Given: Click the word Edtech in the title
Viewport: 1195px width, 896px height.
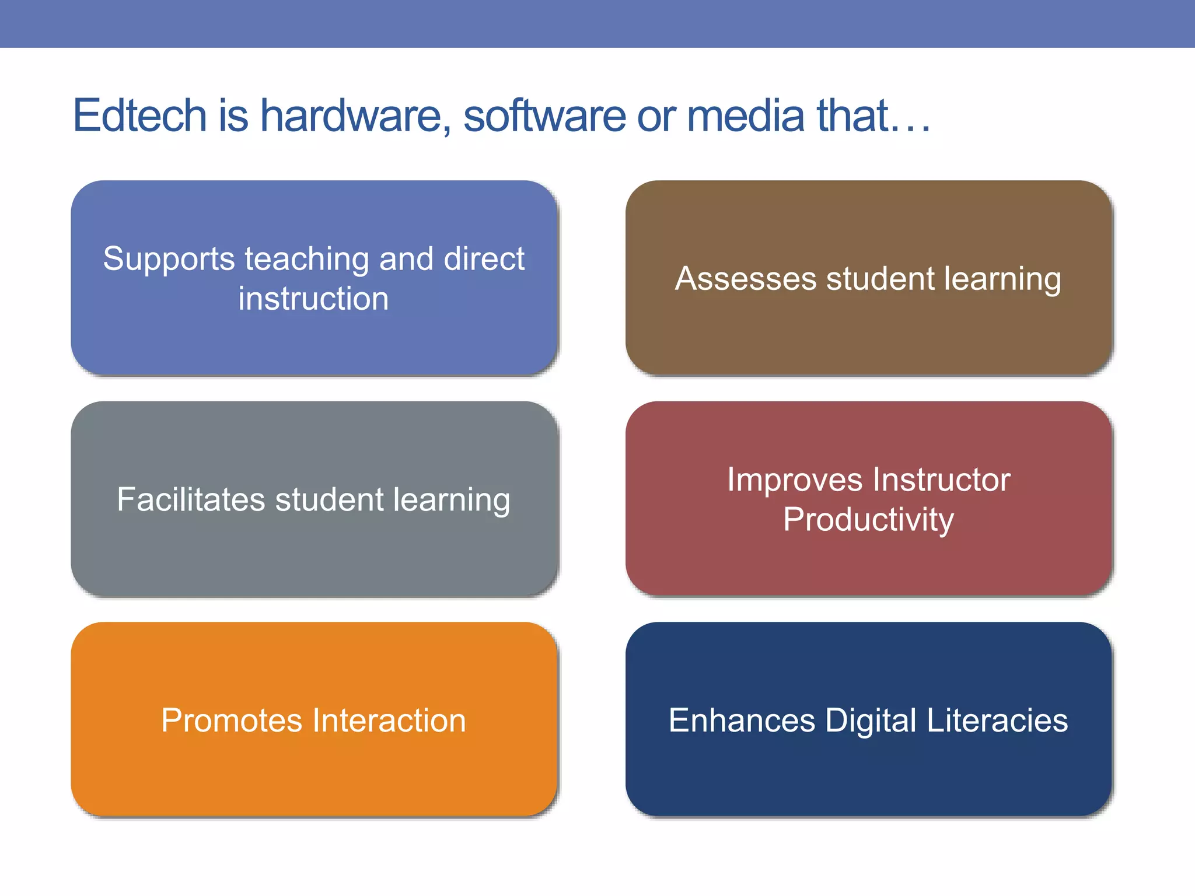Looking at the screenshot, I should click(140, 116).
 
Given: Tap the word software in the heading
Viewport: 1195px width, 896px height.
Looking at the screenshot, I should click(544, 116).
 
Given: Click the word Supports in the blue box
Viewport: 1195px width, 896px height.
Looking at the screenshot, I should click(169, 259).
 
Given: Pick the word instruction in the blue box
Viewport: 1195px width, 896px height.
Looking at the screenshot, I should click(313, 299).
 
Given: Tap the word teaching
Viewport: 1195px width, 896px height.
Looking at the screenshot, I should click(307, 259).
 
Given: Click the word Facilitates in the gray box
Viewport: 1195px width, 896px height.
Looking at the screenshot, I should click(191, 499).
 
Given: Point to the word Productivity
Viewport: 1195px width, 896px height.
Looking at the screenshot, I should click(868, 519).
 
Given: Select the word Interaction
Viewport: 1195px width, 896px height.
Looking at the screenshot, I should click(389, 720).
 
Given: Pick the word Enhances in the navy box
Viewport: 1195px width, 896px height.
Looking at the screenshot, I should click(742, 720).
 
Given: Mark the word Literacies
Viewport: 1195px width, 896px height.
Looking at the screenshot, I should click(997, 720).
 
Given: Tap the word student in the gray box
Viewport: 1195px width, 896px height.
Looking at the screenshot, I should click(330, 499).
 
